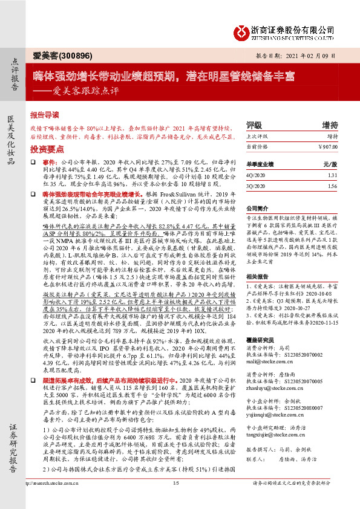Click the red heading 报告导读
coord(45,114)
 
